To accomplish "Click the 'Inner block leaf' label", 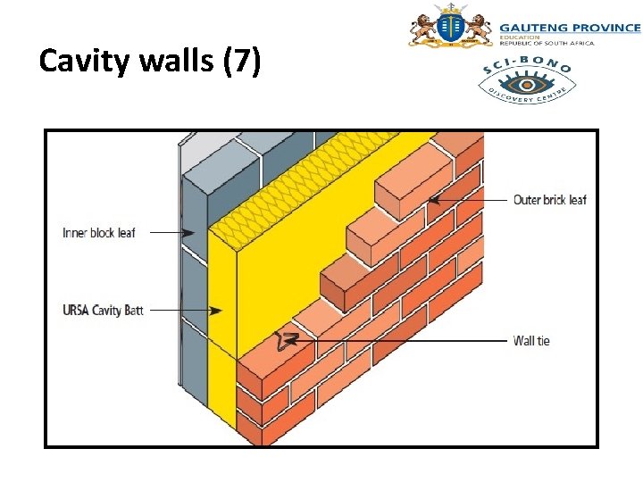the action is click(98, 233).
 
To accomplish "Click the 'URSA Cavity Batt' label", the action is click(103, 311).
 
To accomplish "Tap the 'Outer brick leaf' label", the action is click(550, 200).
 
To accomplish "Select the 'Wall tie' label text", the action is click(531, 340).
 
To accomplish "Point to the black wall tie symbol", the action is click(288, 341).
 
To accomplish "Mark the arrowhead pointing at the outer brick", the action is click(432, 200).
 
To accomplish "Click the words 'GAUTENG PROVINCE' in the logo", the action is click(569, 28).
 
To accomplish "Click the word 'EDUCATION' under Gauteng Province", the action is click(520, 37).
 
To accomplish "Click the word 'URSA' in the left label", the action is click(76, 311).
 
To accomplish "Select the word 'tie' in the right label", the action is click(542, 340).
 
